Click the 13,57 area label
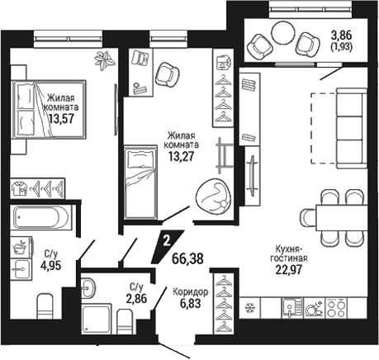[62, 119]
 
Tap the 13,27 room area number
[182, 157]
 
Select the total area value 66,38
[187, 258]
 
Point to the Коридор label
[191, 292]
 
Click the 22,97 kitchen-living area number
[289, 270]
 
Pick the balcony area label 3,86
[342, 36]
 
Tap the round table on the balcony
[283, 33]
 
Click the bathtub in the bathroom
[41, 217]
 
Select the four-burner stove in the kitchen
[336, 308]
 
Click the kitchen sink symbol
[291, 308]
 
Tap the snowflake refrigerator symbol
[250, 307]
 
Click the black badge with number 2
[167, 246]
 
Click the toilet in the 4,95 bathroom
[45, 306]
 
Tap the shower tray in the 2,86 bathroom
[97, 320]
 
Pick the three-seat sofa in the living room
[352, 128]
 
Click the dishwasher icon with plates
[314, 308]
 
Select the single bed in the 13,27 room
[140, 182]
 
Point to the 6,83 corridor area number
[190, 303]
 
